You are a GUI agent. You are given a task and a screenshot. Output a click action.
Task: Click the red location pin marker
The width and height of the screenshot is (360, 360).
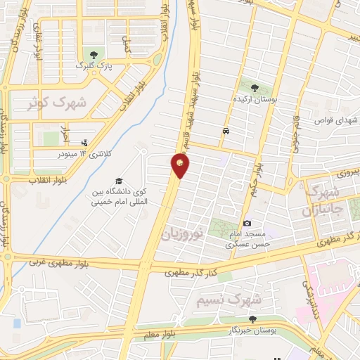point(181,165)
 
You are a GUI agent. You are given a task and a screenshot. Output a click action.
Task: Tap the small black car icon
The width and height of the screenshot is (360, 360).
point(225,131)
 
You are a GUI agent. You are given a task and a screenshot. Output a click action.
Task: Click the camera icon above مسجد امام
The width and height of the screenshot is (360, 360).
point(247,223)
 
